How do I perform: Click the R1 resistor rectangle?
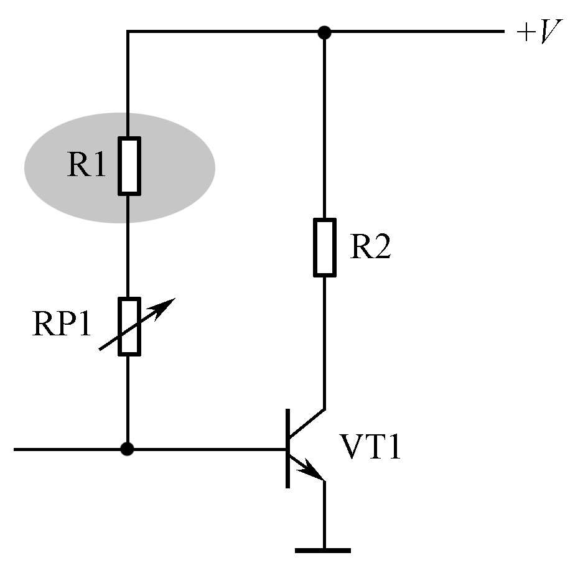tap(129, 166)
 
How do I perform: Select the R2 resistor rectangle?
tap(325, 248)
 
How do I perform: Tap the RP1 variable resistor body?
tap(129, 326)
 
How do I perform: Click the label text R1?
tap(86, 164)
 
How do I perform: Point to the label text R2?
tap(370, 246)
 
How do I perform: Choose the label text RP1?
tap(62, 324)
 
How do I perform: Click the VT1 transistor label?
tap(370, 447)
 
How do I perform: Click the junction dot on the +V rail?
tap(324, 32)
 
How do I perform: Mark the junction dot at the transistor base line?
tap(128, 449)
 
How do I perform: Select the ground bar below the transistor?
tap(323, 551)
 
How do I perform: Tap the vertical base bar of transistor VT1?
tap(287, 449)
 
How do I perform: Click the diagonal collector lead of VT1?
tap(307, 424)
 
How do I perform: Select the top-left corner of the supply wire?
tap(128, 32)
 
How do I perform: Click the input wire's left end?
tap(14, 449)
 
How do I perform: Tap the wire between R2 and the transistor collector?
tap(324, 343)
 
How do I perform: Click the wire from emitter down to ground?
tap(324, 515)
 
